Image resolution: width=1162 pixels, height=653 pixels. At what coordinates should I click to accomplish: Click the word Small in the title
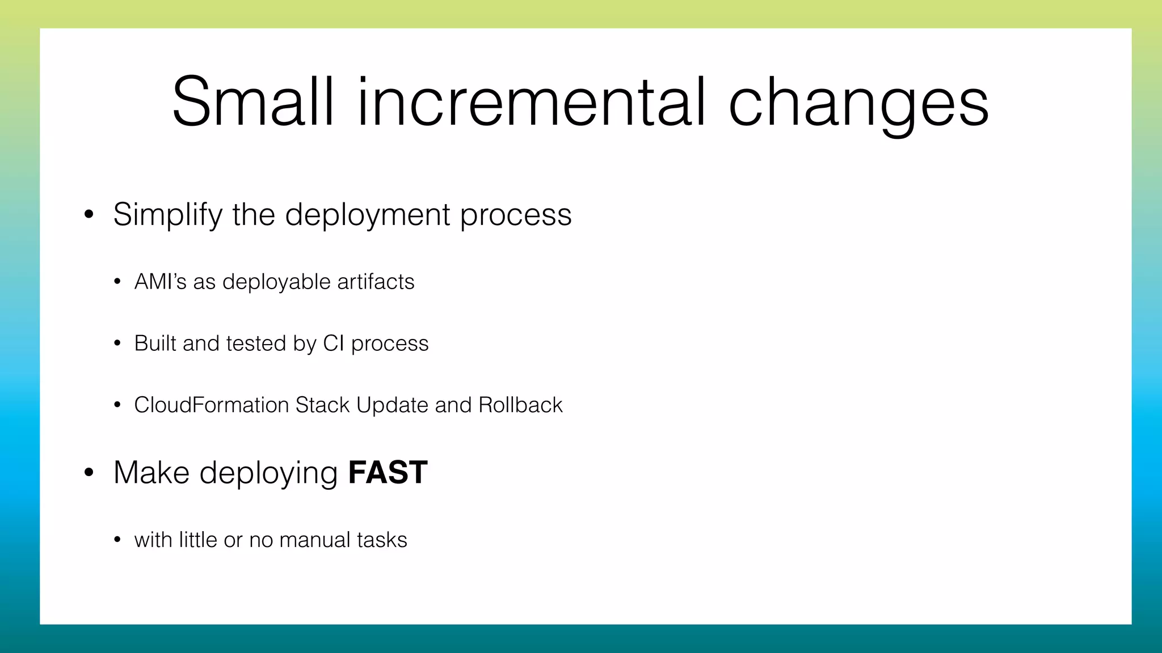252,102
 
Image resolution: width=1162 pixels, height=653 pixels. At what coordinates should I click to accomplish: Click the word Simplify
168,215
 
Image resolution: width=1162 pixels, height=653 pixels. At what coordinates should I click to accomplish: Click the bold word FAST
388,472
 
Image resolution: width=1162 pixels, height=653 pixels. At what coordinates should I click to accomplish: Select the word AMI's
160,282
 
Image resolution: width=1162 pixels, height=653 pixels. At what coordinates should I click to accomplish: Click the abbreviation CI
334,344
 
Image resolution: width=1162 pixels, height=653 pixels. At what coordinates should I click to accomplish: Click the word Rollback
520,405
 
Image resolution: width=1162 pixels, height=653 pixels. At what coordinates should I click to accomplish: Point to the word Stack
322,405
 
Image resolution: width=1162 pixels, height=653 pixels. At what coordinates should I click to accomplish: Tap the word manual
311,540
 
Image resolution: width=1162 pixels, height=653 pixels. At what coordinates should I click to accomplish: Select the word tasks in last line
382,540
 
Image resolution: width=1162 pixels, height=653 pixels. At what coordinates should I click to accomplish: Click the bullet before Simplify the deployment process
89,215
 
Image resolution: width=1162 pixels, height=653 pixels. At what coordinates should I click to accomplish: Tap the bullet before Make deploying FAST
89,473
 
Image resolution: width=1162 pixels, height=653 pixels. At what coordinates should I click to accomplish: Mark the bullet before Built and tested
117,344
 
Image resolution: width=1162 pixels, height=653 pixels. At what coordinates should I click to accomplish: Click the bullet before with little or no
117,540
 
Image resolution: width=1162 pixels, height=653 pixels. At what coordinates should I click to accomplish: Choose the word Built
155,344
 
